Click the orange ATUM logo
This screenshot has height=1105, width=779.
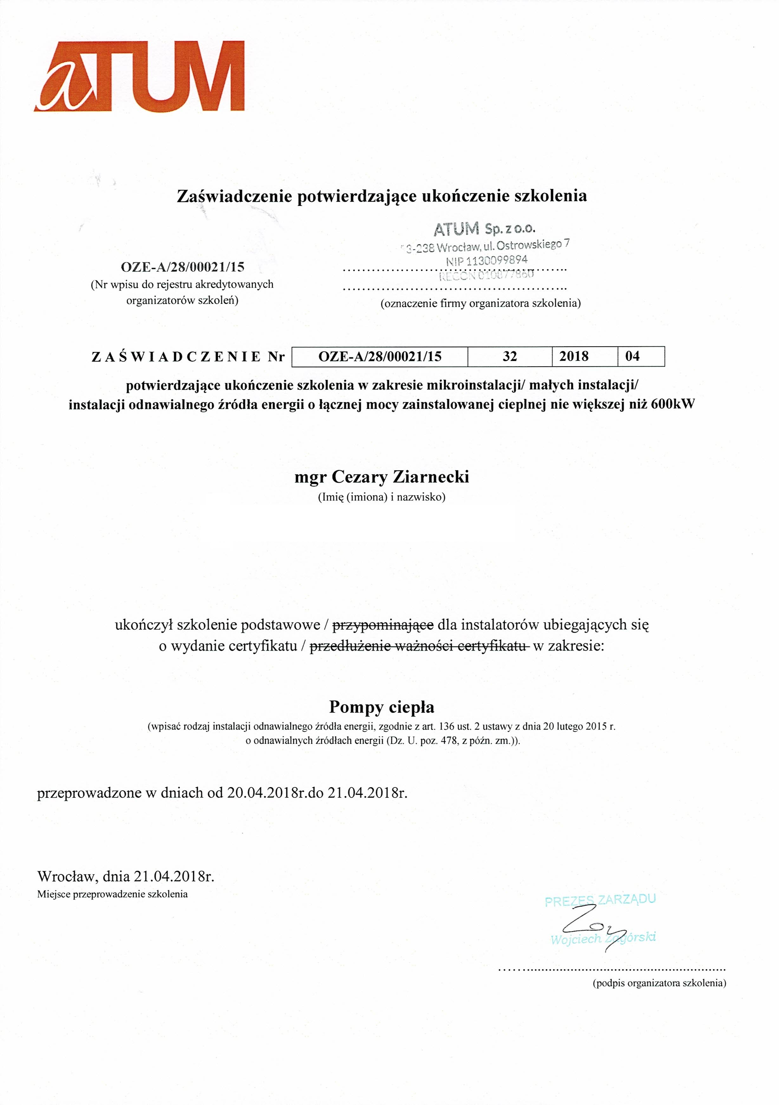(x=140, y=76)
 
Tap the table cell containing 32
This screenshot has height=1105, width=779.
(x=510, y=356)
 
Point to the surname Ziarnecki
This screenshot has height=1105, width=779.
(x=431, y=477)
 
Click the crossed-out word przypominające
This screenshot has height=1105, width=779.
(x=383, y=625)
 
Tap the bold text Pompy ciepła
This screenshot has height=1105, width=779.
(x=381, y=707)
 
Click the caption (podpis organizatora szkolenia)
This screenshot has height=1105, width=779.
(x=659, y=983)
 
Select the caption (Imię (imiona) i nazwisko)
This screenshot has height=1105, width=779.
(x=381, y=497)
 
